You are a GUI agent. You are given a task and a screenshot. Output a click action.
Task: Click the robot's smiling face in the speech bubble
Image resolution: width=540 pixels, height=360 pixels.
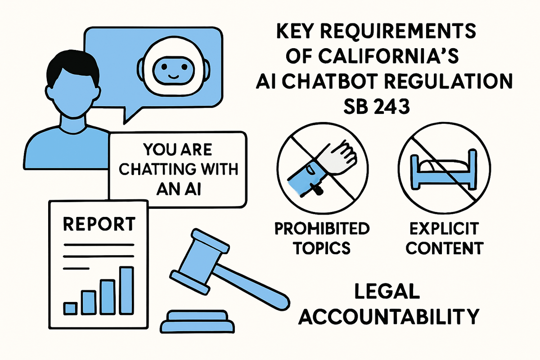(x=172, y=67)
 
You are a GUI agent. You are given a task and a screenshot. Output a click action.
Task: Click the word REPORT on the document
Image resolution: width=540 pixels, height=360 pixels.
(x=99, y=224)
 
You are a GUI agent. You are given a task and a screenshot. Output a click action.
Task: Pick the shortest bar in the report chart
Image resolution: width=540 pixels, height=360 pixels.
(x=70, y=308)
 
